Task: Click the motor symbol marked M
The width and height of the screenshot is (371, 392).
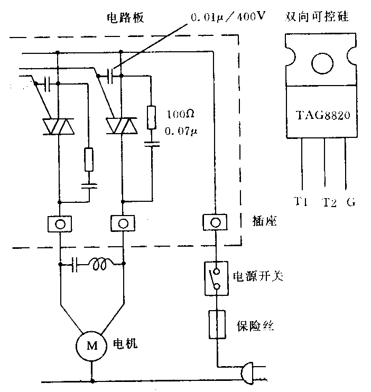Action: [x=92, y=346]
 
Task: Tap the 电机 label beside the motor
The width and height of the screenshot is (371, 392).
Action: [x=125, y=344]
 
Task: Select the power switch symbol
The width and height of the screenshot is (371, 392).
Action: [x=216, y=278]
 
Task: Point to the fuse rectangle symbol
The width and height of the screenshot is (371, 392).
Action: [x=216, y=324]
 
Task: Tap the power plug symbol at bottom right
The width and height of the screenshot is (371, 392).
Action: [x=247, y=373]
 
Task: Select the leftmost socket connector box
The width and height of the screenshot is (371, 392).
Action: [x=60, y=223]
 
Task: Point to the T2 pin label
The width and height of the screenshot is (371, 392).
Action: [x=328, y=202]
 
